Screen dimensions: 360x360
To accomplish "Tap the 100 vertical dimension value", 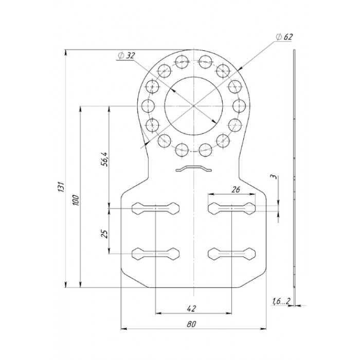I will pyautogui.click(x=76, y=201).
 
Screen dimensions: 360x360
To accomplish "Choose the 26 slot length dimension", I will pyautogui.click(x=236, y=189).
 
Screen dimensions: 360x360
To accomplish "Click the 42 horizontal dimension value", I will pyautogui.click(x=191, y=308).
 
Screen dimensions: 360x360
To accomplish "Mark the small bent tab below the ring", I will pyautogui.click(x=193, y=168).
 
